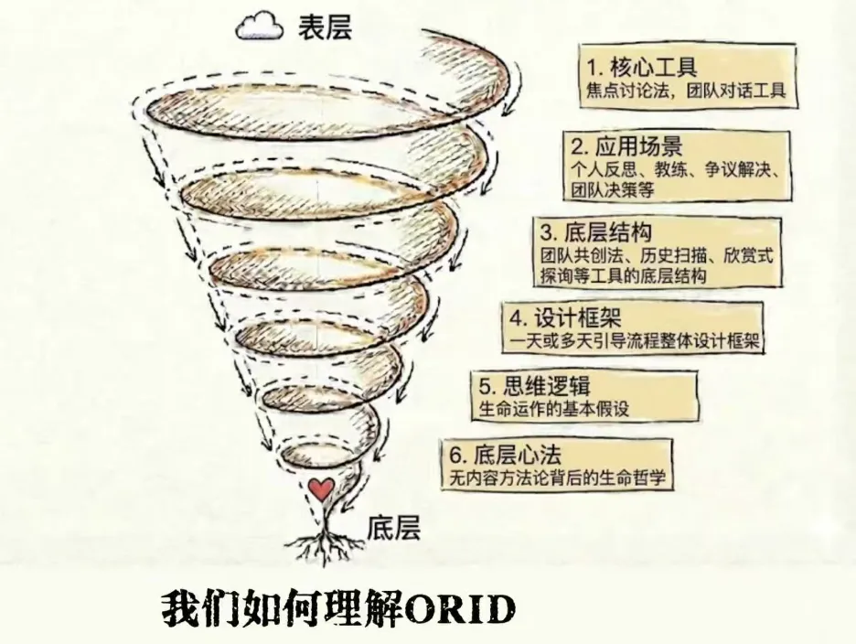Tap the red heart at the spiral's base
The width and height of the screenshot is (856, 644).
[320, 489]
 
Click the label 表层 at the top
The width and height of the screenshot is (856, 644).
[325, 27]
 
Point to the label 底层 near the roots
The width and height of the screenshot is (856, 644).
[393, 528]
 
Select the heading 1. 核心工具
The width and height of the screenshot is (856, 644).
[642, 67]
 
